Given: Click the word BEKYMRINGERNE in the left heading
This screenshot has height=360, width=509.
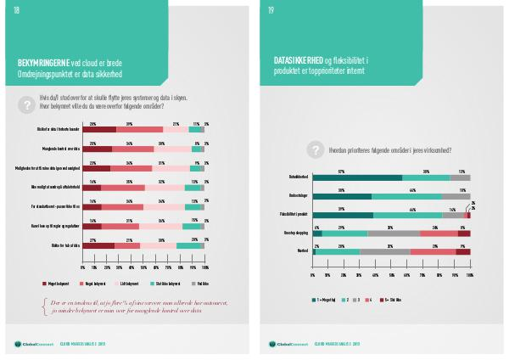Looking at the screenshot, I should pos(45,63).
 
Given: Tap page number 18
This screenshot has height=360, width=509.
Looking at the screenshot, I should pos(16,11).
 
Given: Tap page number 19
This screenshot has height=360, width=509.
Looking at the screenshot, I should pos(271,11).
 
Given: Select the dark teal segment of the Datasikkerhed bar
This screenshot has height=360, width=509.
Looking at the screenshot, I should pos(357,177).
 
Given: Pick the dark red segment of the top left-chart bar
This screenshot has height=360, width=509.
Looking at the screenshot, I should pos(102,129).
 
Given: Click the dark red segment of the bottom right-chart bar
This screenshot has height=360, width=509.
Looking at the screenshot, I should pos(462,252).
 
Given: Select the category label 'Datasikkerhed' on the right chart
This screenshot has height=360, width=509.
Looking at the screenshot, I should pos(296,177).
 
